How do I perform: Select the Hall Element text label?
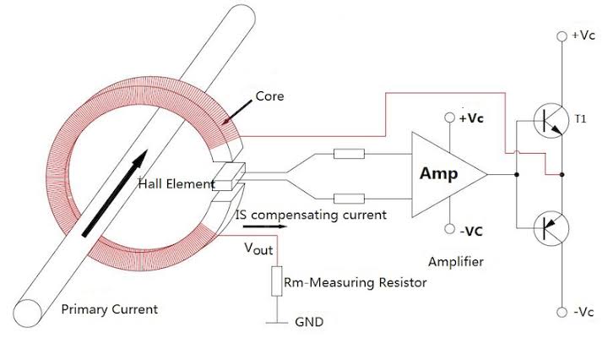176,183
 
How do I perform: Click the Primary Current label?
110,309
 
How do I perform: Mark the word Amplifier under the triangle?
456,262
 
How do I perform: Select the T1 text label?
581,119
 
